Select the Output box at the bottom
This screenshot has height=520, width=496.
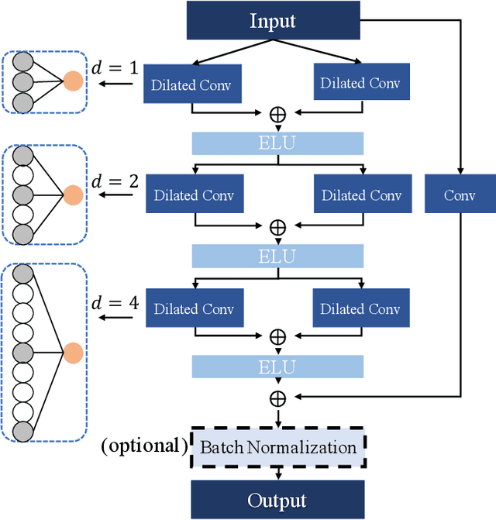277,500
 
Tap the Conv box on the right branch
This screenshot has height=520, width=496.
459,195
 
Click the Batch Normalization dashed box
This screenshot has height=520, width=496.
277,447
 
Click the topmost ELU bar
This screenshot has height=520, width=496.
277,143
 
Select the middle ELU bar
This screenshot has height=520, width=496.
277,256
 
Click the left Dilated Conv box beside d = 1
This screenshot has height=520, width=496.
192,84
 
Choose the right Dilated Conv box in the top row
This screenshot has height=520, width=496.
360,82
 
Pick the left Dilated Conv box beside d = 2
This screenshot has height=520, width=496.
195,195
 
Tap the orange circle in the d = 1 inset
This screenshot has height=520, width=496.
73,81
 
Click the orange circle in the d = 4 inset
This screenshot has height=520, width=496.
73,353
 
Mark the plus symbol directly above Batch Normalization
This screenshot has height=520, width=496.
277,398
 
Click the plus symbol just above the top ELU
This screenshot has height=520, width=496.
277,114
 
